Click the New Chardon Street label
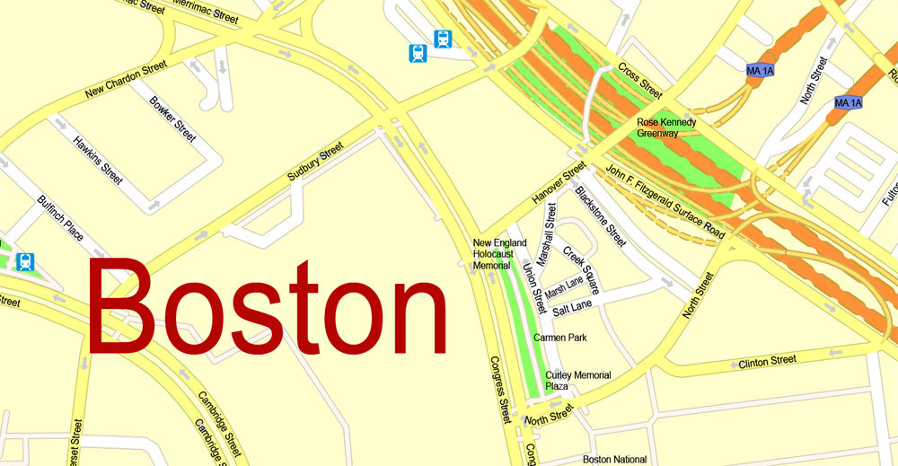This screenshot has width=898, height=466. click(x=126, y=79)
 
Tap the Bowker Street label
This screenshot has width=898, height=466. click(x=172, y=119)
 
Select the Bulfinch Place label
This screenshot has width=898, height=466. click(x=60, y=218)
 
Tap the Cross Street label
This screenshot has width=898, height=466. click(x=640, y=80)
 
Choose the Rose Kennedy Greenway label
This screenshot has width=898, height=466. click(x=666, y=127)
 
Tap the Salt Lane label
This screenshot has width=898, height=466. click(x=572, y=309)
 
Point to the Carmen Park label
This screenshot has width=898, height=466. click(x=559, y=338)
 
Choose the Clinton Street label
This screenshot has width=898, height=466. click(x=767, y=361)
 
